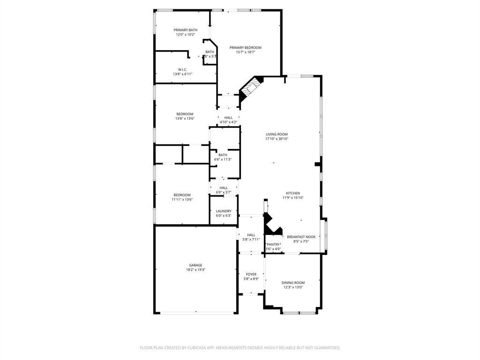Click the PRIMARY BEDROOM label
point(245,47)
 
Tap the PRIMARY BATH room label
point(185,30)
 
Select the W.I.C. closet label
point(182,69)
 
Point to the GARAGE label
point(195,265)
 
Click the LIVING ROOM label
point(277,134)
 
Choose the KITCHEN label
point(293,193)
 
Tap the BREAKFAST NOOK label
point(301,237)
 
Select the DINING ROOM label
point(293,283)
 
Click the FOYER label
point(251,274)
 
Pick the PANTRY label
point(273,244)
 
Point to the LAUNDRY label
point(224,211)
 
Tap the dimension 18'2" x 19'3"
point(195,270)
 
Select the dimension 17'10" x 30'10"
point(277,139)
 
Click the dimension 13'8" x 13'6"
point(185,119)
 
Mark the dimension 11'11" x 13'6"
point(182,200)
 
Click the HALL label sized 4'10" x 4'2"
point(228,118)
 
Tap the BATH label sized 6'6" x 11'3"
point(223,155)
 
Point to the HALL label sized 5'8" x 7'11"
point(251,235)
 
